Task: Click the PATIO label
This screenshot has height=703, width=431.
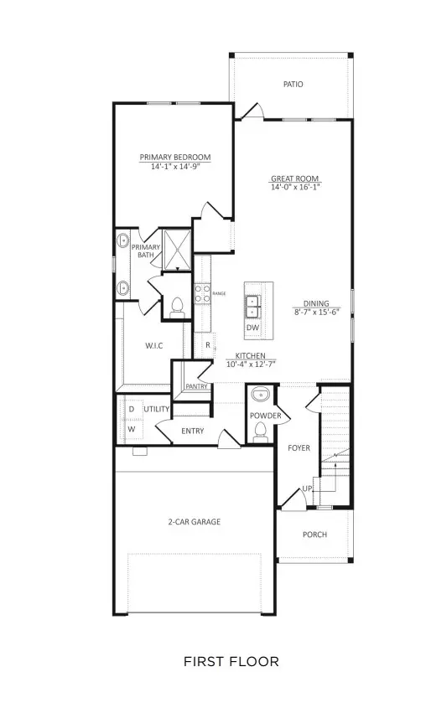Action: [x=293, y=84]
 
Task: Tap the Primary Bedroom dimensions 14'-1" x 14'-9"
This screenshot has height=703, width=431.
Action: [x=174, y=167]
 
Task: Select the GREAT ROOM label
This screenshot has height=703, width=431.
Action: [x=295, y=178]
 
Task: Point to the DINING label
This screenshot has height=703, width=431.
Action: [x=317, y=304]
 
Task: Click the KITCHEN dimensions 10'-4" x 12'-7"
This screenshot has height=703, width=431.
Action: [x=251, y=364]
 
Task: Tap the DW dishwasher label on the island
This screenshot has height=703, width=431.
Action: [x=252, y=328]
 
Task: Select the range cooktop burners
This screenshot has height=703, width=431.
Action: [x=202, y=293]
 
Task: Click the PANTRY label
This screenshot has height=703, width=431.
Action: [x=196, y=386]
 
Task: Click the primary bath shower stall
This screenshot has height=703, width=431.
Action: [x=177, y=247]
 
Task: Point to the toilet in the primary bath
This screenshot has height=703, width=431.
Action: [x=176, y=308]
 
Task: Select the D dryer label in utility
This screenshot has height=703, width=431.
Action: [x=131, y=409]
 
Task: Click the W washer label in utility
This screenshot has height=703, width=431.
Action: [x=131, y=429]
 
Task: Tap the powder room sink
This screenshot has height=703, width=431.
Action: [x=259, y=395]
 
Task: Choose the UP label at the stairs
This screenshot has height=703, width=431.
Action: [x=308, y=488]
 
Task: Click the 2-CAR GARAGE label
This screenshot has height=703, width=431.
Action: [x=193, y=522]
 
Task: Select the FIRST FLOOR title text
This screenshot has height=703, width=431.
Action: [x=231, y=662]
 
